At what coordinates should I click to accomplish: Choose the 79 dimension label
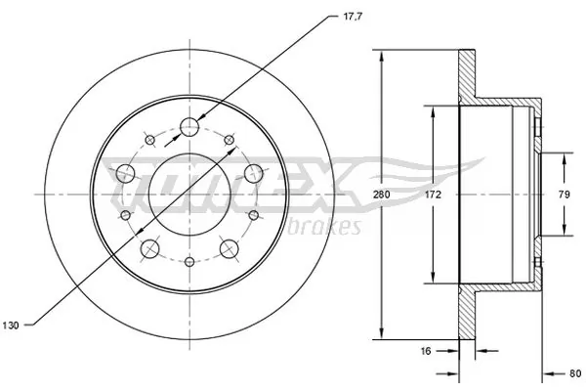pos(565,195)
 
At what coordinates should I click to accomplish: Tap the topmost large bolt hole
pos(190,126)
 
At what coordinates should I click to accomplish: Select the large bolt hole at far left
pos(124,174)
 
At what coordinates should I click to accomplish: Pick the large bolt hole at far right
pos(256,174)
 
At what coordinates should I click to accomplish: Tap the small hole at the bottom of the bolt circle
pos(190,263)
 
